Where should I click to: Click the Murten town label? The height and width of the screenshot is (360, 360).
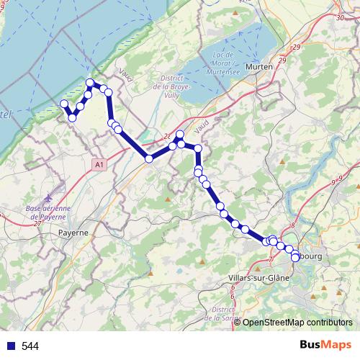pos(258,67)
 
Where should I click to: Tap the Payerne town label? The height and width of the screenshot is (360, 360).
pos(73,233)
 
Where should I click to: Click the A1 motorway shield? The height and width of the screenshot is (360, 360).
pos(99,165)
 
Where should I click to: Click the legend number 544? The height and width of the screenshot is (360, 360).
pos(30,346)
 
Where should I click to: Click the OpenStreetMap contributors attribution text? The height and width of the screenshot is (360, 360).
pos(297,323)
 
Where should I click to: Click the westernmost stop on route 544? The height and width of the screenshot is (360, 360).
pos(63,104)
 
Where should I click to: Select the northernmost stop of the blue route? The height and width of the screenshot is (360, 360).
pos(91,83)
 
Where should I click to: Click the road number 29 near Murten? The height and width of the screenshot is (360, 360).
pos(296,48)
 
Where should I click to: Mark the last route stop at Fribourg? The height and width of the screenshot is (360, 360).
pos(295,257)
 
